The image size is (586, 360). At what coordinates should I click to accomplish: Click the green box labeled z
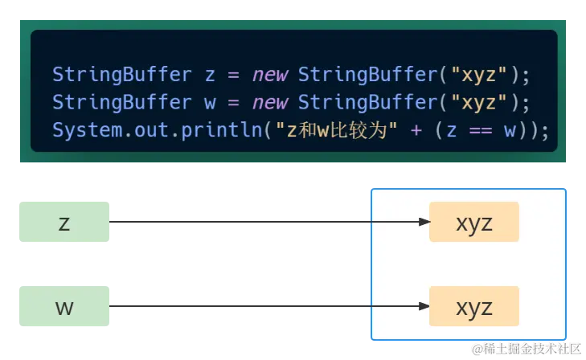[64, 222]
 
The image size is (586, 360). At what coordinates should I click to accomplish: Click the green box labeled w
[64, 305]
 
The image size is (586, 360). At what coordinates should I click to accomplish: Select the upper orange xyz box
[473, 222]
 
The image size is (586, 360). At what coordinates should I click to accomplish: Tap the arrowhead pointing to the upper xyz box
[424, 222]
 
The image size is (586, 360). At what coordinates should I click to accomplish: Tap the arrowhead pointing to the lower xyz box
[424, 305]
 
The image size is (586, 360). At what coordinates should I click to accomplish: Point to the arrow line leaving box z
[241, 222]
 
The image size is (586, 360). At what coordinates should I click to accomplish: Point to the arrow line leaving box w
[241, 305]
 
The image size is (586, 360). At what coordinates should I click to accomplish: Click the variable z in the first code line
[210, 76]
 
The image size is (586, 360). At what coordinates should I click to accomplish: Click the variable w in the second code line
[210, 103]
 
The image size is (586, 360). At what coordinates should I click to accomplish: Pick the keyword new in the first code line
[271, 76]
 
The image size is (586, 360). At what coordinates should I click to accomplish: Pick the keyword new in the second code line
[271, 103]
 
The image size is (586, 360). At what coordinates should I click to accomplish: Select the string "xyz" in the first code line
[480, 76]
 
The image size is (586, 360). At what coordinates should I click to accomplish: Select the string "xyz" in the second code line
[480, 103]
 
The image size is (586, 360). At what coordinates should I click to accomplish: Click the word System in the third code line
[80, 130]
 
